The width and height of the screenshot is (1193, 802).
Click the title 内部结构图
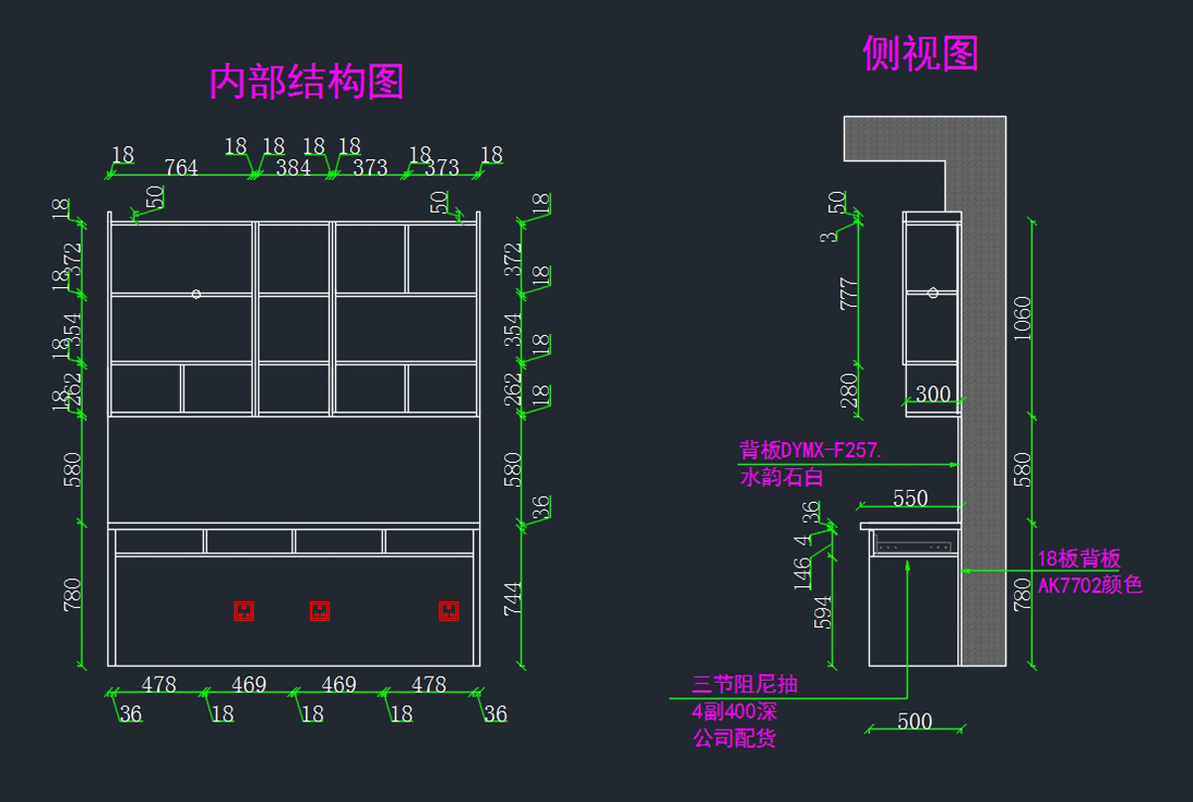[306, 81]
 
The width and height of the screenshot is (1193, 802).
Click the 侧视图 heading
[920, 53]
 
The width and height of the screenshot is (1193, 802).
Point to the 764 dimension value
[181, 168]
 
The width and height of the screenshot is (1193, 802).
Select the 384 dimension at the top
[293, 168]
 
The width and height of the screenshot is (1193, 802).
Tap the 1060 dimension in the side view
[1023, 318]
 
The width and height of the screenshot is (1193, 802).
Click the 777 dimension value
[850, 293]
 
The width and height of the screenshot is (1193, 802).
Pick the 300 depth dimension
[933, 395]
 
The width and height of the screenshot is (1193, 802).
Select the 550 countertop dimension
[910, 499]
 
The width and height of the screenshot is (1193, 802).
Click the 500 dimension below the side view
[915, 722]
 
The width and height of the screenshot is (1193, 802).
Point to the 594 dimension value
[823, 612]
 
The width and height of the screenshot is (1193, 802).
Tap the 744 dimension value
[513, 599]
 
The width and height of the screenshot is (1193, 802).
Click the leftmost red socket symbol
[244, 610]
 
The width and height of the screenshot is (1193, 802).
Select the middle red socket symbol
[319, 610]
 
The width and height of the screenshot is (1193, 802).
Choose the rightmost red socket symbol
[448, 610]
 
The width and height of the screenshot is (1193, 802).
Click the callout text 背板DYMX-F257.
[809, 449]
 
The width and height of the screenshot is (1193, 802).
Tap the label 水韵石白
[781, 478]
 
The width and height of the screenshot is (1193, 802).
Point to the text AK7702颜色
[1090, 585]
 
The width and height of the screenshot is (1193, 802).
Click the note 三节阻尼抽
[745, 685]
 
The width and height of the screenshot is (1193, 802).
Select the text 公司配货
[734, 738]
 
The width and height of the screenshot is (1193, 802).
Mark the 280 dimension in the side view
[850, 391]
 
